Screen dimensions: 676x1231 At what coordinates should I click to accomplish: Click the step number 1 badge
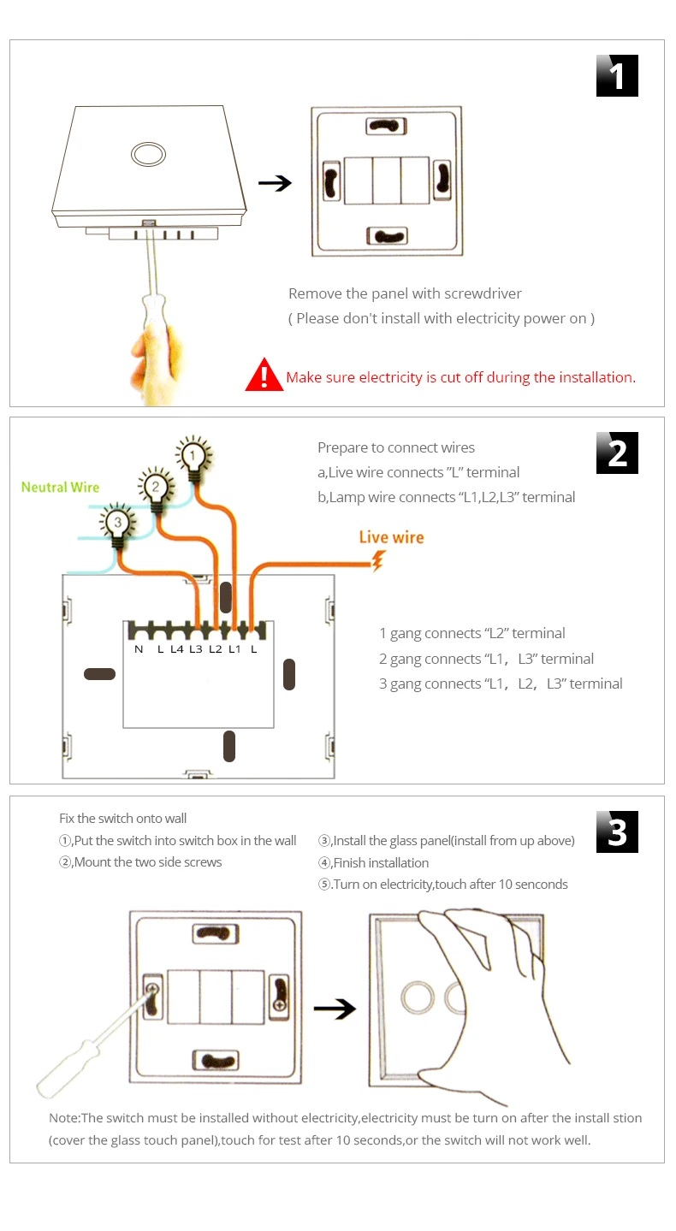pos(617,75)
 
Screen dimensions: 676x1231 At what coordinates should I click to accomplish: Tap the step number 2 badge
pos(617,453)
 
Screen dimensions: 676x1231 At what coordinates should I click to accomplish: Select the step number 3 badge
pos(617,832)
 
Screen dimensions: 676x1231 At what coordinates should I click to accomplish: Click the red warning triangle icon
pos(264,375)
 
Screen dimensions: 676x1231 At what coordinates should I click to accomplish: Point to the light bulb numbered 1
pos(193,457)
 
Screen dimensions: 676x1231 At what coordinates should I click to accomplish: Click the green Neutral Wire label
pos(61,487)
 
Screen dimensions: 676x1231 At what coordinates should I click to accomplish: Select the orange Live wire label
pos(392,537)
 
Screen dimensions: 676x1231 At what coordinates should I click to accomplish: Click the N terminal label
pos(139,649)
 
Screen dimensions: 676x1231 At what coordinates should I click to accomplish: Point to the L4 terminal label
pos(176,649)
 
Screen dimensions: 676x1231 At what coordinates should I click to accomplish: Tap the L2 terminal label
pos(215,649)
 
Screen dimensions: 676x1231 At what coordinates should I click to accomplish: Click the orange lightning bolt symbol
pos(378,561)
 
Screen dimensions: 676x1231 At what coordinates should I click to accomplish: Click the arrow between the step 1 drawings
pos(275,183)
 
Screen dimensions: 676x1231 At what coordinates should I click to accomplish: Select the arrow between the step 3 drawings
pos(335,1009)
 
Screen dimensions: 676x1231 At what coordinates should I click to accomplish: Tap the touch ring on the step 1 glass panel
pos(148,154)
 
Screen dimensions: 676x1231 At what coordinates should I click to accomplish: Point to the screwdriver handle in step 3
pos(67,1068)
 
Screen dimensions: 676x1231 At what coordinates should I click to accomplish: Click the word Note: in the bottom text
pos(65,1118)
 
